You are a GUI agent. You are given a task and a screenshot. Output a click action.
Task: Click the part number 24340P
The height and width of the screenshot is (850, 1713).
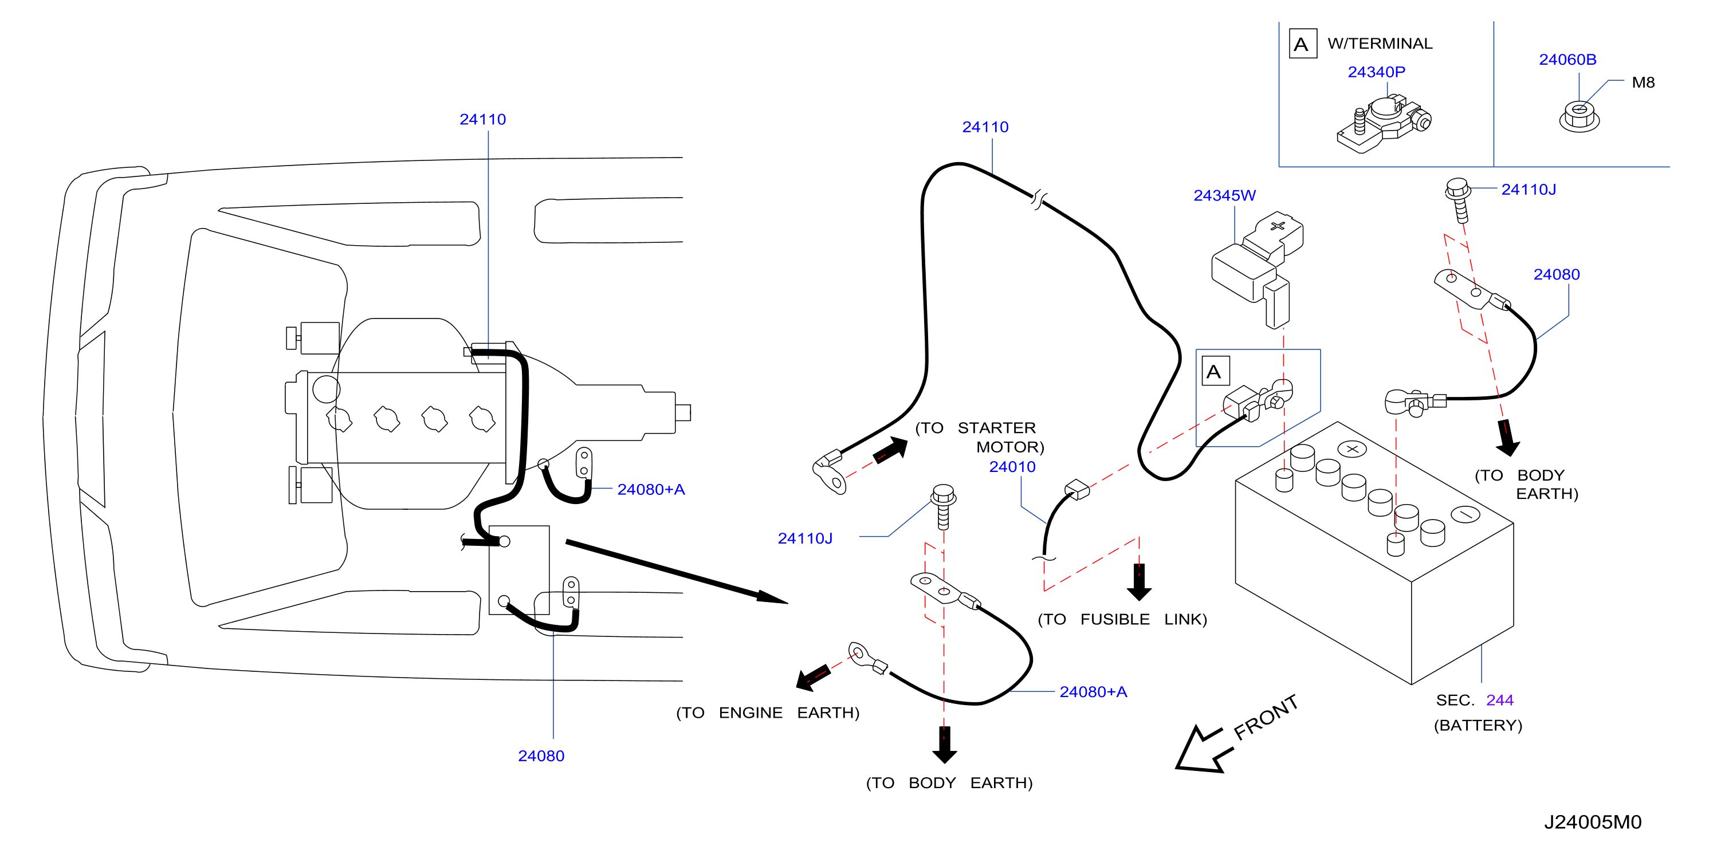click(x=1376, y=72)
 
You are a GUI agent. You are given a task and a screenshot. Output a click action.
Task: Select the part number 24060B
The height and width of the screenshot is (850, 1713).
click(x=1567, y=59)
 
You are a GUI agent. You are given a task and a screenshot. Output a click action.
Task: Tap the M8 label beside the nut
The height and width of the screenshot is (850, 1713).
click(x=1643, y=82)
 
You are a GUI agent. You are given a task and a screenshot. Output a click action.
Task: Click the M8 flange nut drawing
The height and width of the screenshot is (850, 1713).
click(x=1580, y=117)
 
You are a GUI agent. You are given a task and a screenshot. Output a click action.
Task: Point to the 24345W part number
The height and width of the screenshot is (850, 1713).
click(x=1224, y=195)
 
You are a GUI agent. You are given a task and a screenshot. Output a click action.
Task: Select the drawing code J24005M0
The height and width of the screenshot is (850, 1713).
click(x=1593, y=822)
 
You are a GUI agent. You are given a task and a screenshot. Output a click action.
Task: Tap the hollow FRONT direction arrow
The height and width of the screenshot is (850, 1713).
click(x=1203, y=750)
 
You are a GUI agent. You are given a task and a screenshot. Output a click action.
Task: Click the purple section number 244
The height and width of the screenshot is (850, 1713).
click(x=1499, y=700)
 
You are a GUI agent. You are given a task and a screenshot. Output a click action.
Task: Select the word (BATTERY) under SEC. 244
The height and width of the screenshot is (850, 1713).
click(x=1478, y=725)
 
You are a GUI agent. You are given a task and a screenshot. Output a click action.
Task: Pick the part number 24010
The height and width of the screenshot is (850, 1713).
click(x=1012, y=467)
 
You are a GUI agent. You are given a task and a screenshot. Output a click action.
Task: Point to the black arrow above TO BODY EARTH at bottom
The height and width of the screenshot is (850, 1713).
click(x=944, y=745)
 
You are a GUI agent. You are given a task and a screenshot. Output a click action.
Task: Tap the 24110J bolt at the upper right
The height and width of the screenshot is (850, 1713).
click(x=1457, y=199)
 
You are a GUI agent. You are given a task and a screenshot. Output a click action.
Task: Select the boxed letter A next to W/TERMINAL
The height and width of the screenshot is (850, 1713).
click(x=1303, y=44)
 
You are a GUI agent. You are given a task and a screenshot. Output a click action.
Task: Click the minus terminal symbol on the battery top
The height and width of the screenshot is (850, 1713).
click(x=1465, y=514)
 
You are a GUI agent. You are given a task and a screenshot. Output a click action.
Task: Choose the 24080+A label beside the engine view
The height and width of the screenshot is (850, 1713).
click(x=650, y=489)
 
